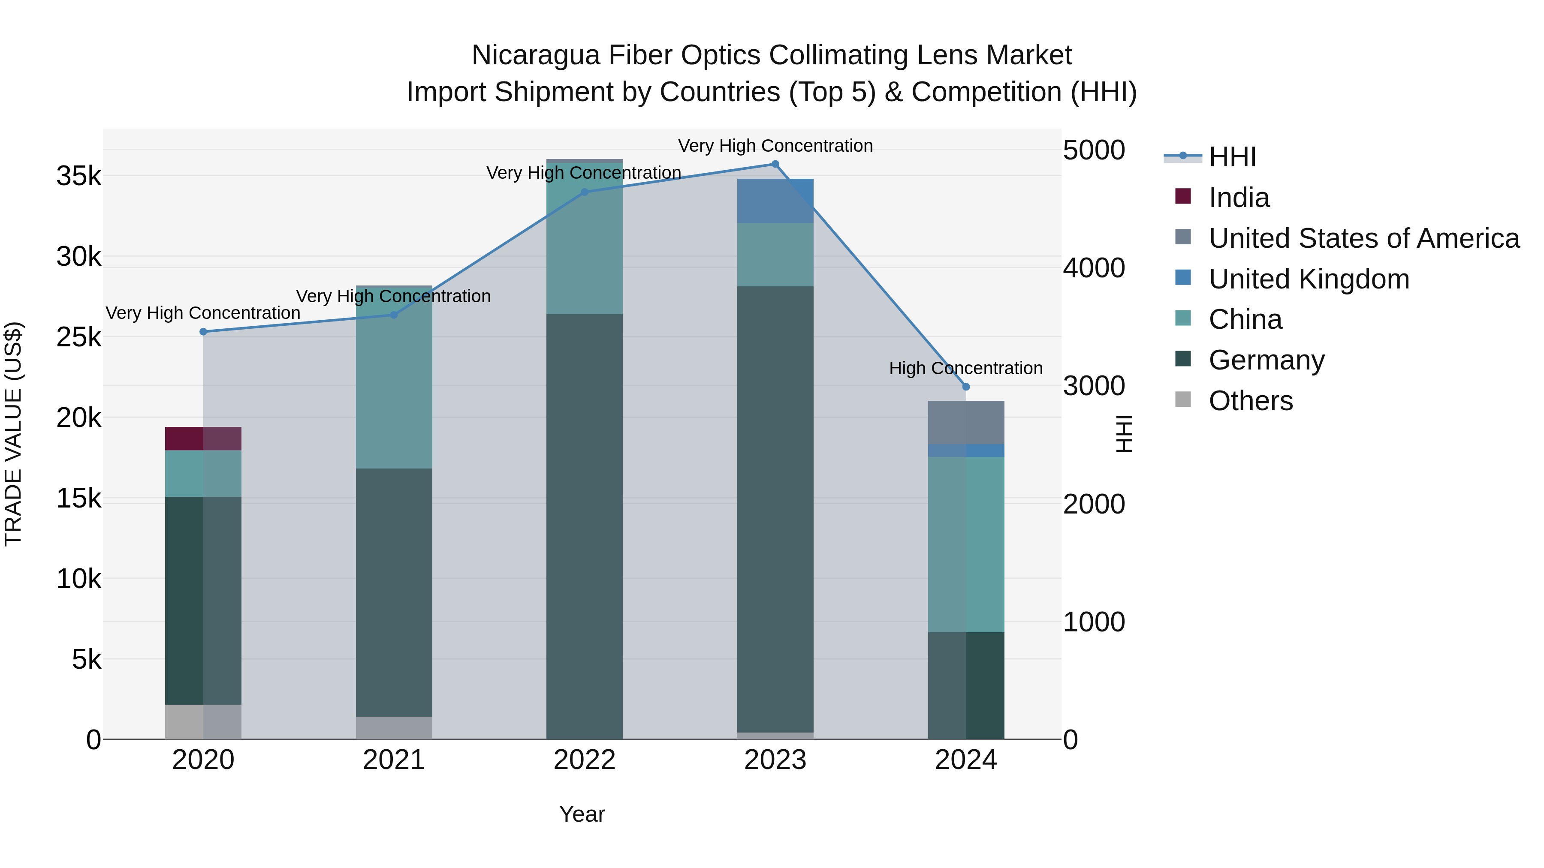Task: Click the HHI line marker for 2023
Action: tap(775, 164)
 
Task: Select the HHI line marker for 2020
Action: tap(203, 332)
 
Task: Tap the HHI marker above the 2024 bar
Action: tap(965, 387)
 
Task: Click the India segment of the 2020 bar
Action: tap(203, 439)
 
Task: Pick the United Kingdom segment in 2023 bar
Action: tap(775, 201)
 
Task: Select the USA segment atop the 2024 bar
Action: tap(965, 422)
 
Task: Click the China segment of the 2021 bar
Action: tap(394, 377)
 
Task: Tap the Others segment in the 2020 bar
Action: tap(203, 722)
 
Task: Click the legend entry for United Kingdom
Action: tap(1309, 279)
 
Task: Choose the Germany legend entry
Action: tap(1266, 360)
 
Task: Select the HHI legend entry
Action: tap(1232, 157)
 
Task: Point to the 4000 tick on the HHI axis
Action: tap(1094, 268)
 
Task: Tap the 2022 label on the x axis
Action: tap(585, 760)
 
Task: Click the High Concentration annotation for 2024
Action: tap(965, 368)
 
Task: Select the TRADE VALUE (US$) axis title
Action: tap(13, 434)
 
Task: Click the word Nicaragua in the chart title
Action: tap(535, 56)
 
